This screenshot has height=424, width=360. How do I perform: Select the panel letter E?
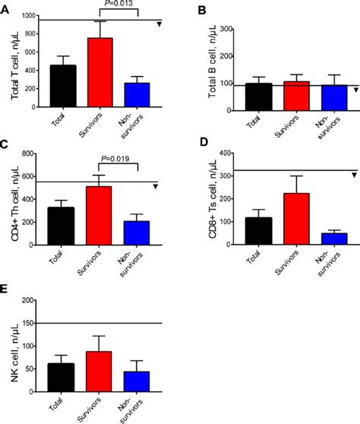tap(6, 289)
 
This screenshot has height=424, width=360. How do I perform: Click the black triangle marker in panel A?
tap(159, 24)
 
